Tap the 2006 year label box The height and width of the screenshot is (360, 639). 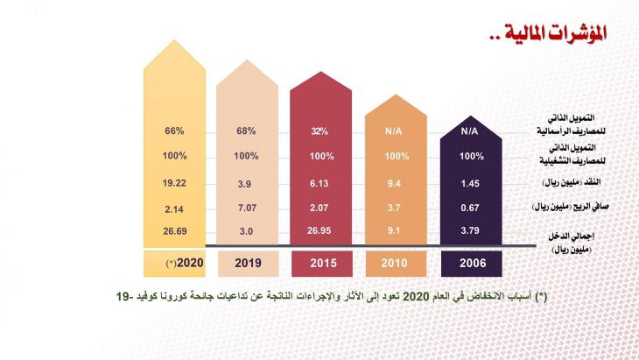click(x=471, y=262)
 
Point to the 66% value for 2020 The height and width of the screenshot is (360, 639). click(x=173, y=131)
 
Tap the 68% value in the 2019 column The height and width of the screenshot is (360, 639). click(x=246, y=131)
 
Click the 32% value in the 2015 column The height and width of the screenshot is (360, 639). click(x=319, y=131)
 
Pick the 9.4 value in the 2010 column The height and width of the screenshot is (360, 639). click(x=396, y=183)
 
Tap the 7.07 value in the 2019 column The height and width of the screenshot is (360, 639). click(x=246, y=208)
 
